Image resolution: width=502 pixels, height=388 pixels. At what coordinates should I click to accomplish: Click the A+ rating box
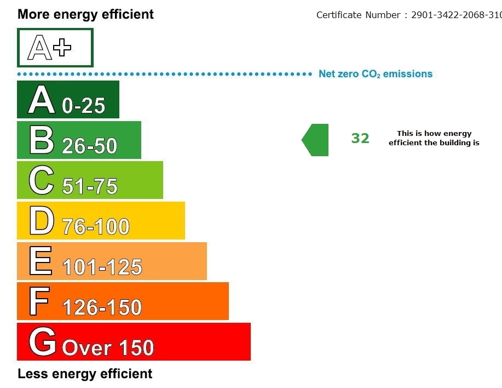pos(55,48)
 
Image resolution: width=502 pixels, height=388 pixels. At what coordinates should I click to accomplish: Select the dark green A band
pos(68,100)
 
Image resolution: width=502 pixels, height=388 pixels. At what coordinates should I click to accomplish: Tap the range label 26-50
pos(89,146)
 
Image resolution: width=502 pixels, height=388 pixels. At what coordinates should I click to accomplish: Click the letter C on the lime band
pos(42,181)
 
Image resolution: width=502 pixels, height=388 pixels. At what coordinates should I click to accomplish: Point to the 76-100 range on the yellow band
pos(96,226)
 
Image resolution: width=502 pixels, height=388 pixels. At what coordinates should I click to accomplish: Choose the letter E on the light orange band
pos(41,261)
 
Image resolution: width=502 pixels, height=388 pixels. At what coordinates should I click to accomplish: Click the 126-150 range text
pos(102,307)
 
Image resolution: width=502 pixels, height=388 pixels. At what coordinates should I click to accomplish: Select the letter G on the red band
pos(42,343)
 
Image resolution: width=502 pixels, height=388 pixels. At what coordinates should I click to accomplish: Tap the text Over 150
pos(108,348)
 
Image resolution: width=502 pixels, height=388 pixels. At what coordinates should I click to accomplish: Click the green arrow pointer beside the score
pos(316,140)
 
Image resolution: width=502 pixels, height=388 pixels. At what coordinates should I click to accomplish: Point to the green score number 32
pos(360,139)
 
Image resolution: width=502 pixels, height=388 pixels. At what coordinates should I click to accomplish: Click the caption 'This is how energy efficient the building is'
pos(434,138)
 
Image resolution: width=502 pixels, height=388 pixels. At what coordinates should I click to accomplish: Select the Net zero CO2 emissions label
pos(376,74)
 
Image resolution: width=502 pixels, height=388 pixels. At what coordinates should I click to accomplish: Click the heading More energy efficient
pos(85,14)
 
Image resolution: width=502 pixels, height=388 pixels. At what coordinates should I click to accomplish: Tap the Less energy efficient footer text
pos(85,374)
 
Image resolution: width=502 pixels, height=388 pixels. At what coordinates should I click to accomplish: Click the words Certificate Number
pos(359,15)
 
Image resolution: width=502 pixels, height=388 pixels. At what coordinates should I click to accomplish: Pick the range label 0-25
pos(83,105)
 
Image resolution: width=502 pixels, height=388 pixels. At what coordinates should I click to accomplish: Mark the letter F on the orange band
pos(39,301)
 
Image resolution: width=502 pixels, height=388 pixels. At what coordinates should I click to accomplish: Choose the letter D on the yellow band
pos(42,221)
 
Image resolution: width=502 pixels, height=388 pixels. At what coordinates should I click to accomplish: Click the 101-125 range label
pos(102,267)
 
